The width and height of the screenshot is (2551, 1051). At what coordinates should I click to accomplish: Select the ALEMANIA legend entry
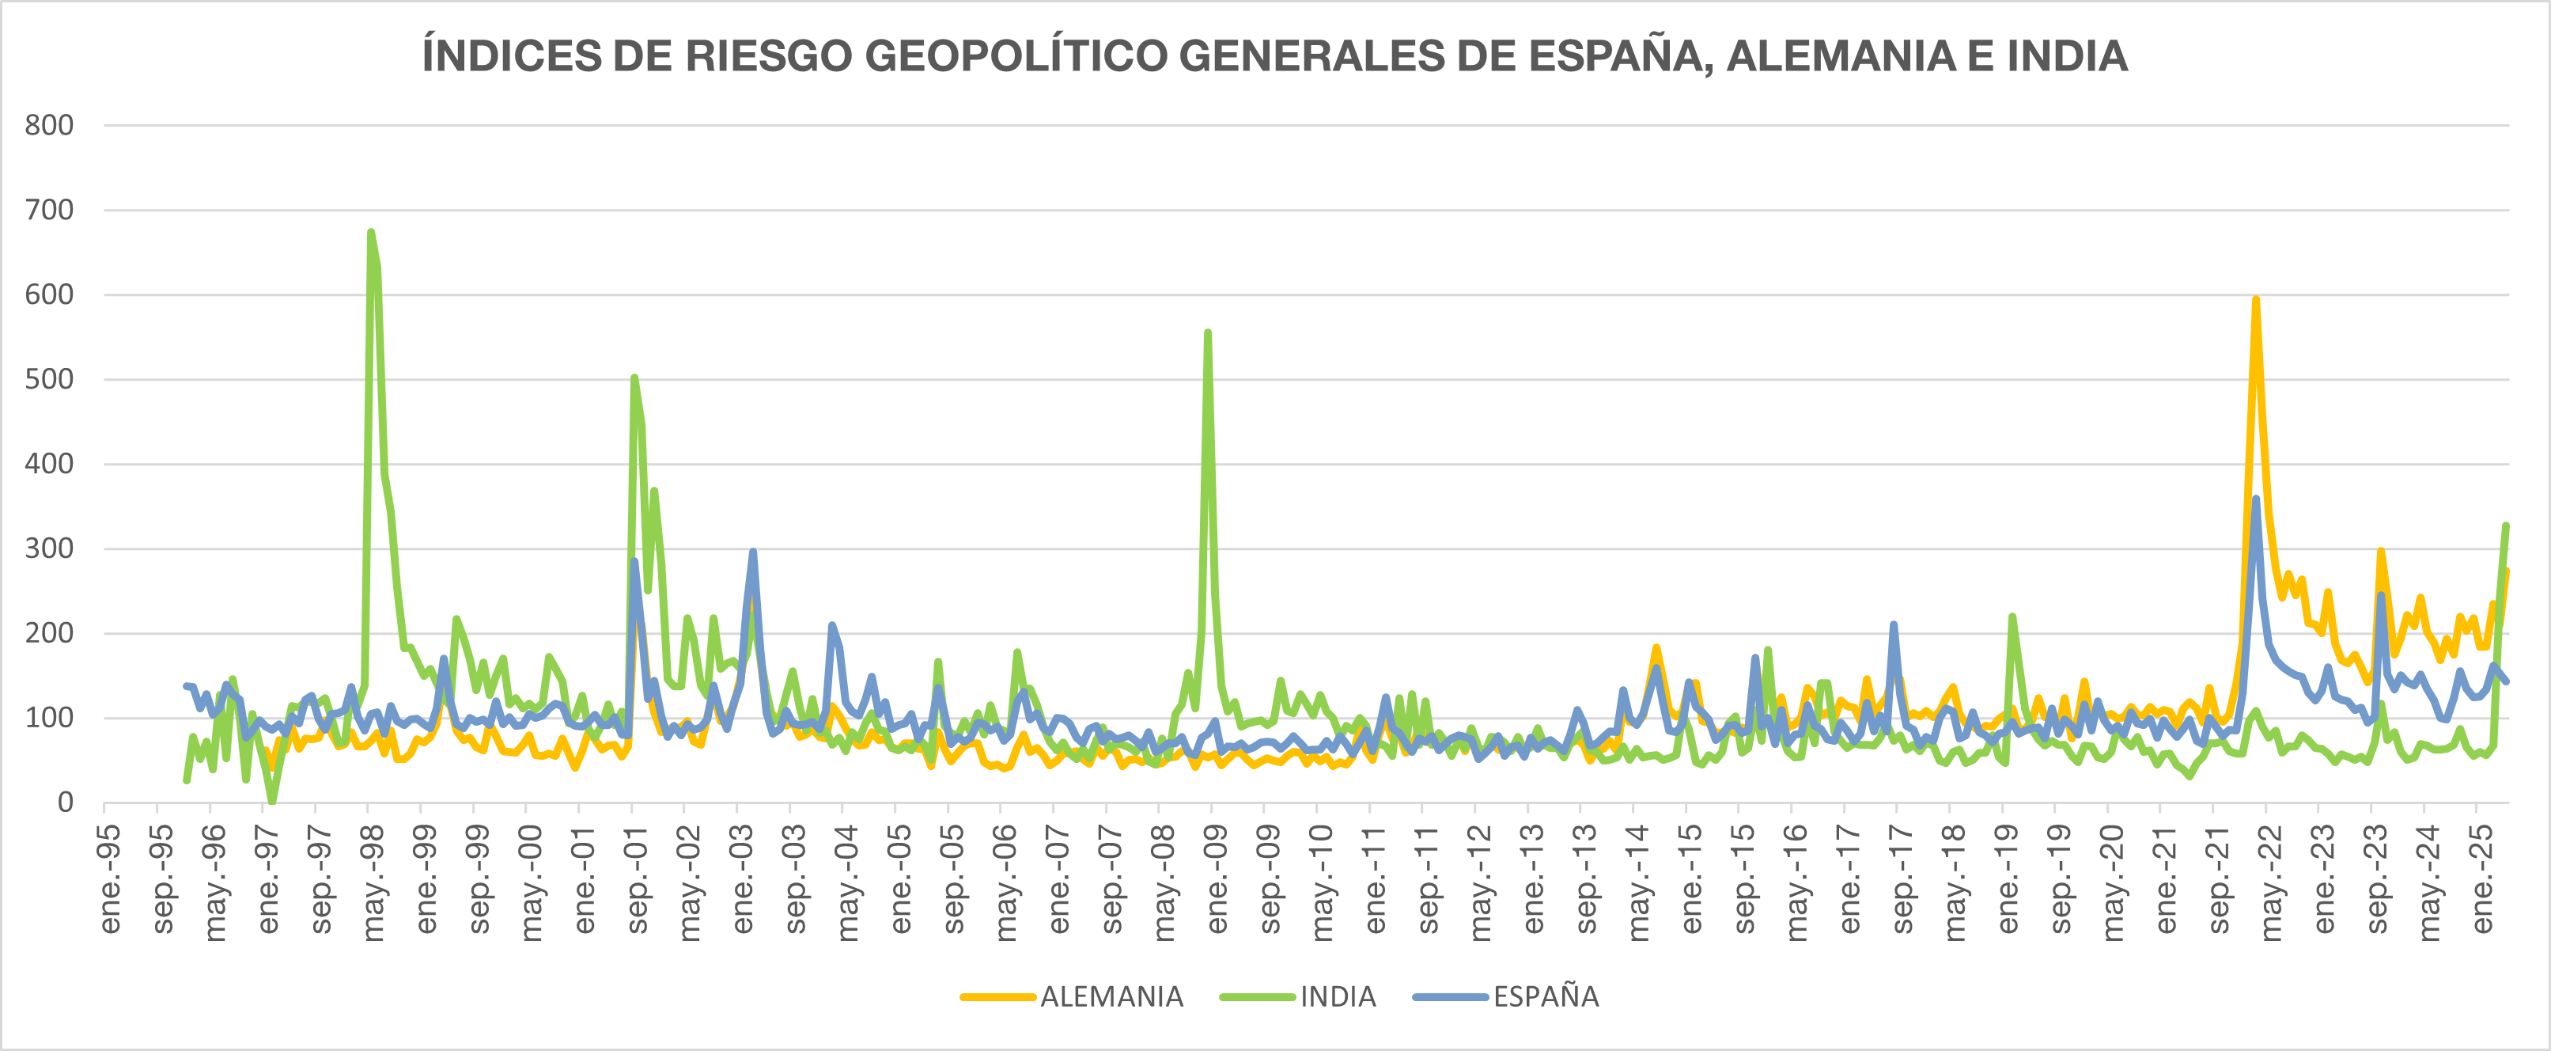click(x=1111, y=996)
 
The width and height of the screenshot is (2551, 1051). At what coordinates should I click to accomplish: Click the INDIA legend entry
click(x=1338, y=996)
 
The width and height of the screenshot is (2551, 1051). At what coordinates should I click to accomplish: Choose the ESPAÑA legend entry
click(x=1546, y=996)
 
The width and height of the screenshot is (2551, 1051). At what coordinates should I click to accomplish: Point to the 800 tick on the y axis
click(x=50, y=126)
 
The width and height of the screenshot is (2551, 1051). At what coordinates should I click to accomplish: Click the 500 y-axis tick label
click(x=50, y=379)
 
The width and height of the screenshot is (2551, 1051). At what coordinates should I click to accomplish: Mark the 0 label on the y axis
click(x=66, y=802)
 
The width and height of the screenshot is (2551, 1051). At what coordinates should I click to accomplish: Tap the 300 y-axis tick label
click(x=50, y=548)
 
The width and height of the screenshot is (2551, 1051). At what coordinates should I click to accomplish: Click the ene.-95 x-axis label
click(x=110, y=878)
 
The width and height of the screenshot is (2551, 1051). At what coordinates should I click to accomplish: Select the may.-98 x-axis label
click(x=373, y=878)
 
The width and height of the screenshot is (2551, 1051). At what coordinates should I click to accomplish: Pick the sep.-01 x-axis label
click(x=637, y=878)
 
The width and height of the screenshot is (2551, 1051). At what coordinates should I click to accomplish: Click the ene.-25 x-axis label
click(x=2481, y=878)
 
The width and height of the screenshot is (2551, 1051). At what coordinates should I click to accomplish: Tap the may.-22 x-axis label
click(x=2271, y=878)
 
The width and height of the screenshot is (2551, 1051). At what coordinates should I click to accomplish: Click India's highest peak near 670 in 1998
click(x=370, y=233)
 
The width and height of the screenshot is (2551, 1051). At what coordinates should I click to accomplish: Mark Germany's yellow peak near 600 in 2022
click(x=2256, y=299)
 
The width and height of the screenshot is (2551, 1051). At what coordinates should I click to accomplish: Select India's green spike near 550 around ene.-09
click(x=1208, y=333)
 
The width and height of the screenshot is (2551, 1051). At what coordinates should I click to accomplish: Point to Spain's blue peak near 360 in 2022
click(x=2256, y=499)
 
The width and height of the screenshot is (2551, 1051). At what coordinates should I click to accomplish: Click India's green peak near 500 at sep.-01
click(x=634, y=378)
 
